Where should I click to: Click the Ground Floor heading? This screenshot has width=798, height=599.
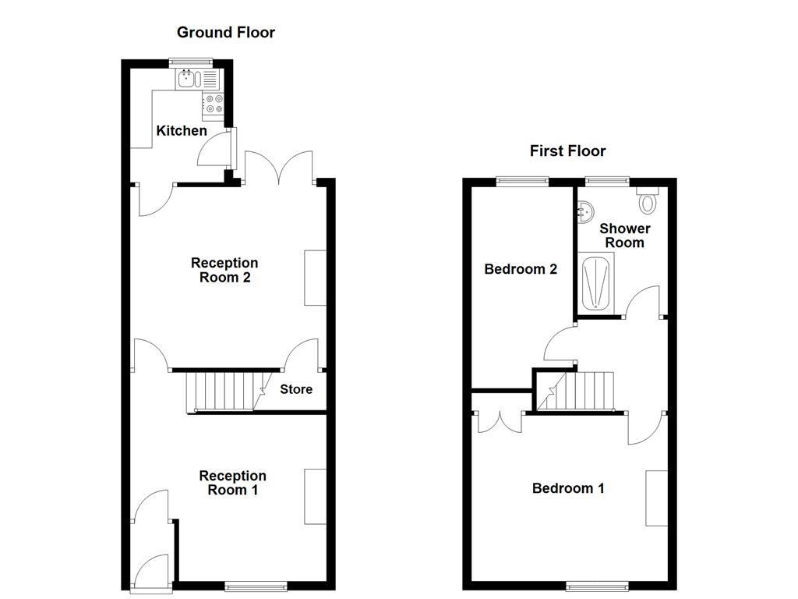coord(226,32)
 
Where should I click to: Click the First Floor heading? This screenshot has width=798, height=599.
coord(567,151)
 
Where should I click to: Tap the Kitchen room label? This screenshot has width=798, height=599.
coord(182,130)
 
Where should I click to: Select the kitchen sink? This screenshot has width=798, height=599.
coord(189,78)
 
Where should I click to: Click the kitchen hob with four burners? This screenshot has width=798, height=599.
coord(214,104)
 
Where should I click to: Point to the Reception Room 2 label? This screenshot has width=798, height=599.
coord(224,270)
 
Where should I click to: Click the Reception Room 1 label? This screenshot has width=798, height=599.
coord(232,483)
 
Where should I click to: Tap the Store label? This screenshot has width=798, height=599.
coord(296,389)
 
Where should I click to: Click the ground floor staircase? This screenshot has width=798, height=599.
coord(223,392)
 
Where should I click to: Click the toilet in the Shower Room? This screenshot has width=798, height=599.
coord(648,202)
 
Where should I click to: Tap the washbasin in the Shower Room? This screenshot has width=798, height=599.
coord(586,211)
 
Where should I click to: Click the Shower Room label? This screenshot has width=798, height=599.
coord(625,236)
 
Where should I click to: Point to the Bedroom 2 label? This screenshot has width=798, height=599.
coord(521,269)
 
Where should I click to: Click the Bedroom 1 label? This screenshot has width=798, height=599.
coord(568,488)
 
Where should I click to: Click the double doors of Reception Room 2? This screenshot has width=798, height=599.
coord(280,168)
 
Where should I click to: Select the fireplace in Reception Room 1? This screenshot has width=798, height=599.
coord(315,496)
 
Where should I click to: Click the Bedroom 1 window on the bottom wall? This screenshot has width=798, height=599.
coord(597,585)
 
